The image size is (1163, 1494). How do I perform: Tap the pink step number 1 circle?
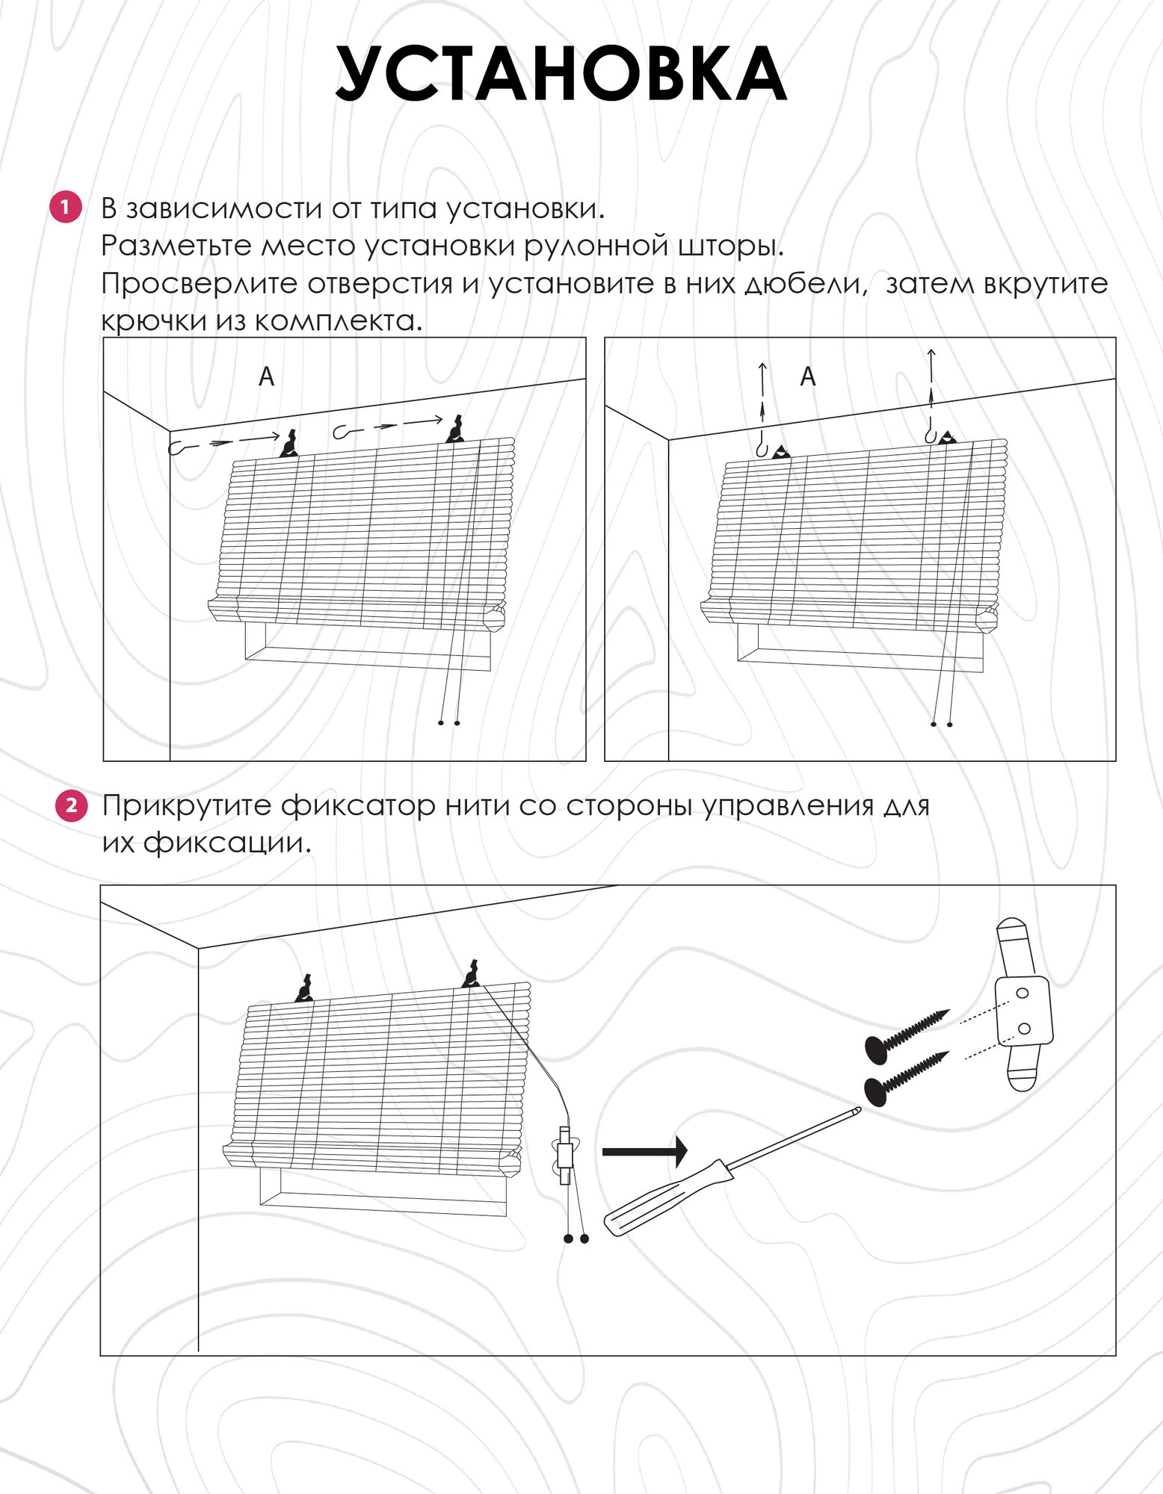click(x=65, y=207)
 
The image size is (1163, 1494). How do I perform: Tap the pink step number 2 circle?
click(x=72, y=805)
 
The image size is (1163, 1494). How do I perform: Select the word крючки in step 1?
click(x=155, y=321)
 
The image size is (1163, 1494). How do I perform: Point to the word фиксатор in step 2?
click(x=358, y=806)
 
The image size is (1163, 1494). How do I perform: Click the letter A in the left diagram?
click(x=266, y=376)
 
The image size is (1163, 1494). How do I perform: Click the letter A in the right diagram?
click(x=807, y=376)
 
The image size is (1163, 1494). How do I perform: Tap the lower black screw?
click(x=904, y=1076)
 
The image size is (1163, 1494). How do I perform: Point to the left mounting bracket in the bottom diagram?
click(x=304, y=989)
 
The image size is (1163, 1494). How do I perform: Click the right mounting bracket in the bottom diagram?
click(x=471, y=974)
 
